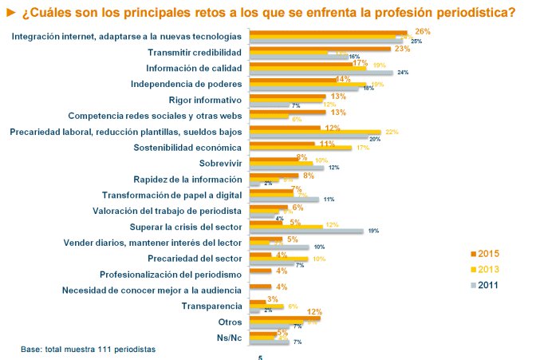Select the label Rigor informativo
(206, 100)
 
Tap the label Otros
(229, 321)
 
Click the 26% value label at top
(423, 31)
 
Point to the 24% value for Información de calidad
(403, 73)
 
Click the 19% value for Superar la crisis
(372, 231)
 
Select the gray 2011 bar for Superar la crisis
(306, 231)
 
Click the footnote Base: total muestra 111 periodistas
(87, 350)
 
